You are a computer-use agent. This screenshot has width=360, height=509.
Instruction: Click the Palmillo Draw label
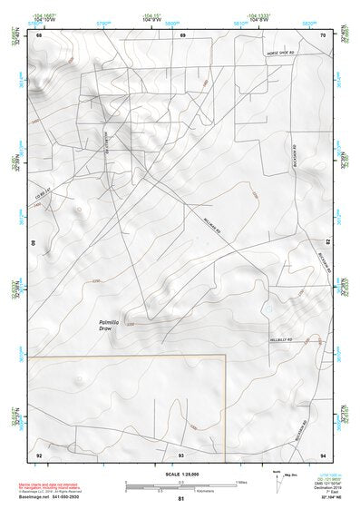[x=110, y=325]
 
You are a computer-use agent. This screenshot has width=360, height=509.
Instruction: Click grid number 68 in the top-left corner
[x=38, y=35]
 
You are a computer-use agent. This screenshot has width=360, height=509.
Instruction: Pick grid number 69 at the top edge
[x=182, y=35]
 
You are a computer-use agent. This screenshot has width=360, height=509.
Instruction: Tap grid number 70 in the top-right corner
[x=323, y=35]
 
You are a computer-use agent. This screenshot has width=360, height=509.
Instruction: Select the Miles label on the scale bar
[x=240, y=482]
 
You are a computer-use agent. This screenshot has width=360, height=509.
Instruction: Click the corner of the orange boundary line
[x=223, y=357]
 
